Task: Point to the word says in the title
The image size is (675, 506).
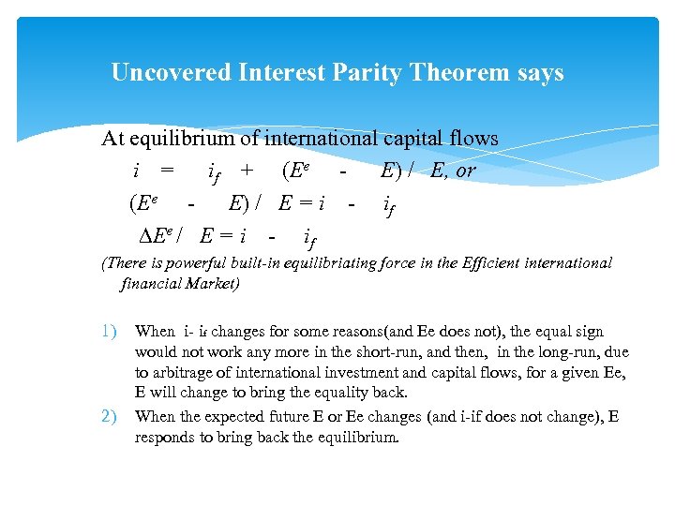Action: click(539, 72)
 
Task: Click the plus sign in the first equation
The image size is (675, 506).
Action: click(247, 171)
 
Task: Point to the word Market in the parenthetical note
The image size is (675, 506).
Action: click(212, 282)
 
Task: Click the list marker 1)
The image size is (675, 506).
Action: click(109, 331)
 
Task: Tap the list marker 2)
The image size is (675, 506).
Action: click(109, 416)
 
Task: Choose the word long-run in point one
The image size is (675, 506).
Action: click(561, 352)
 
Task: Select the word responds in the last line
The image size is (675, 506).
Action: click(165, 438)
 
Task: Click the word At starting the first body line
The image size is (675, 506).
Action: click(112, 139)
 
